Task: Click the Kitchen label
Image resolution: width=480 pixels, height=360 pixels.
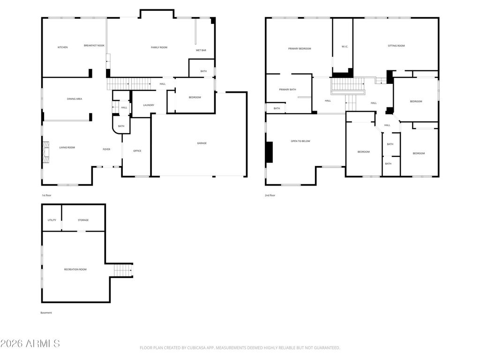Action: [x=63, y=47]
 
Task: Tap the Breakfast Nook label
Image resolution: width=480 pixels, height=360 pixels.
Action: [x=94, y=45]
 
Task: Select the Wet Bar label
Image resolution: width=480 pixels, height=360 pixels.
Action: [x=201, y=50]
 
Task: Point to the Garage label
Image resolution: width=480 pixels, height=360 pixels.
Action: [x=202, y=143]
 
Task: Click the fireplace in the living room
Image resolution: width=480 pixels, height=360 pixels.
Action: [x=46, y=152]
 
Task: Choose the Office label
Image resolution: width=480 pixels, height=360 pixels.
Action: [x=137, y=151]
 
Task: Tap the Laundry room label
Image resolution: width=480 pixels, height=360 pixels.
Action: [x=149, y=105]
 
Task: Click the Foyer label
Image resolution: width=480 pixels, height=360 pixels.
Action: [x=106, y=150]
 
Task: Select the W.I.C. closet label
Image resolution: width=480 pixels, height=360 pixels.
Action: [x=345, y=47]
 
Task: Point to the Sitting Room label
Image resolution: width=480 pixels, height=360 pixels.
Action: [x=396, y=46]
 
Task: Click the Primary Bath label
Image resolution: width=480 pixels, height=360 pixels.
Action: [x=287, y=90]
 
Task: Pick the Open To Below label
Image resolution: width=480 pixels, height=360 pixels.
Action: [x=300, y=142]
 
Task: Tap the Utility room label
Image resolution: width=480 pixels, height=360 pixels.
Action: [x=52, y=220]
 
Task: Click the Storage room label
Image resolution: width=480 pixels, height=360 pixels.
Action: [x=83, y=220]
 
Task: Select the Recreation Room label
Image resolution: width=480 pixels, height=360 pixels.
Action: [x=75, y=270]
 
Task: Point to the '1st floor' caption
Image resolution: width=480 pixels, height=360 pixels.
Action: [x=46, y=195]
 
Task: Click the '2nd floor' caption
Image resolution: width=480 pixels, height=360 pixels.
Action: [x=270, y=195]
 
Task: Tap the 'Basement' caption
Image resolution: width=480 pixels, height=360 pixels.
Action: [x=46, y=313]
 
